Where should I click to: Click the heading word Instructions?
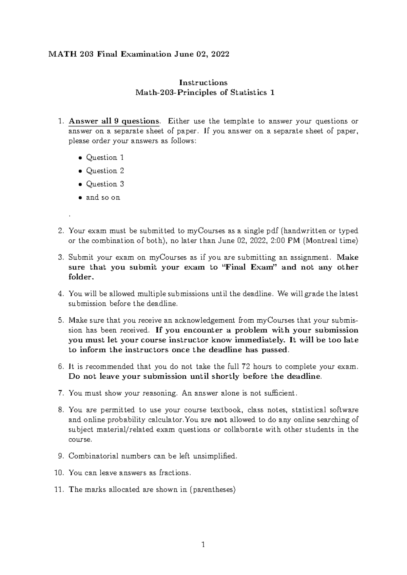pos(203,82)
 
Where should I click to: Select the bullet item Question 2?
pos(105,171)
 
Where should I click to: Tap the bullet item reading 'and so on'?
pos(103,197)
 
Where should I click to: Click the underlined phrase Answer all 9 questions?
pos(114,121)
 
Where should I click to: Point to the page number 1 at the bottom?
pos(203,545)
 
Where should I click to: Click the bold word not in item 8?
pos(221,420)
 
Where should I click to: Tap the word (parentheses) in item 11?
pos(212,490)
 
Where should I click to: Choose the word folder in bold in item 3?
pos(80,277)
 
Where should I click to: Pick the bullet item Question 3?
pos(105,184)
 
